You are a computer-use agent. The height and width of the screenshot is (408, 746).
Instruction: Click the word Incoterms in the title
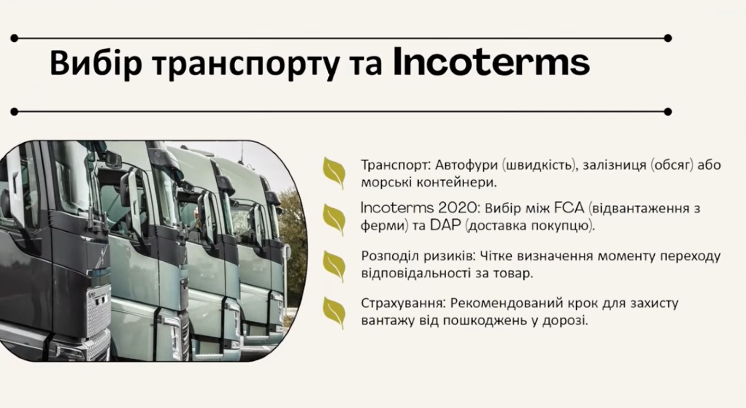[x=491, y=62]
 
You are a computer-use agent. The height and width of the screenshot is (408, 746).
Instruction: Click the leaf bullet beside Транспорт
[x=334, y=173]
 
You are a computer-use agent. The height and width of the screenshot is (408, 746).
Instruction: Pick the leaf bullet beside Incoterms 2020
[x=334, y=220]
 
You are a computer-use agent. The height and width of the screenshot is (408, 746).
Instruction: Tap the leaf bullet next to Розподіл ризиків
[x=334, y=266]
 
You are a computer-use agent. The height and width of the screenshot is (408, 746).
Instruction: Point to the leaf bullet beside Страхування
[x=334, y=313]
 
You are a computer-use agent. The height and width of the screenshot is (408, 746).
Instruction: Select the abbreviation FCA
[x=569, y=208]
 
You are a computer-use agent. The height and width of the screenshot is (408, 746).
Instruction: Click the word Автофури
[x=467, y=165]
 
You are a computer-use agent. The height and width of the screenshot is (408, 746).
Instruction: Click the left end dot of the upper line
[x=14, y=38]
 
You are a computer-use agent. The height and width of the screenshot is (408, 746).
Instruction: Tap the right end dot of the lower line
[x=668, y=112]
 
